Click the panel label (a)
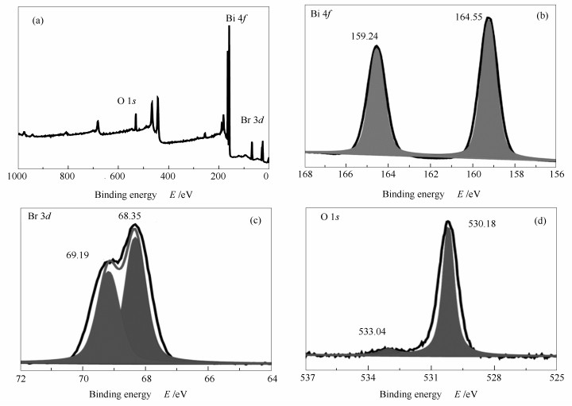coord(37,21)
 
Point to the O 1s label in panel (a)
coord(129,101)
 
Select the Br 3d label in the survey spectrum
coord(253,119)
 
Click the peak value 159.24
coord(366,36)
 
